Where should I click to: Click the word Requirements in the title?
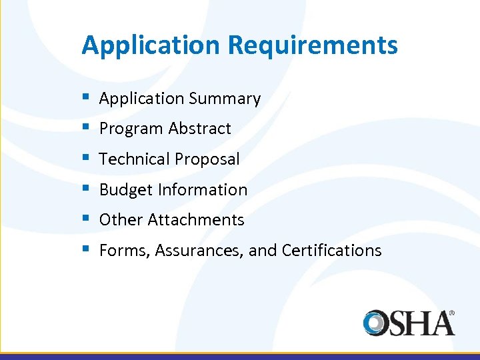[x=313, y=46]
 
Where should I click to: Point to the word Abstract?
[x=200, y=129]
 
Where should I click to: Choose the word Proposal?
[x=207, y=159]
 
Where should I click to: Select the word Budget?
[x=126, y=190]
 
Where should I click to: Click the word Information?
[x=203, y=190]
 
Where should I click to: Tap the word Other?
[x=121, y=220]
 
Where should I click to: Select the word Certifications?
[x=331, y=251]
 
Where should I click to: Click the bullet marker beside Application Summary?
[x=85, y=97]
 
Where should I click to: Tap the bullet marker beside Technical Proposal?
[x=85, y=158]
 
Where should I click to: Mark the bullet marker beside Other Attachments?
[x=85, y=219]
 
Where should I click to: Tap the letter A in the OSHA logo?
[x=441, y=323]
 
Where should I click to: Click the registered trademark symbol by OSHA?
[x=452, y=312]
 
